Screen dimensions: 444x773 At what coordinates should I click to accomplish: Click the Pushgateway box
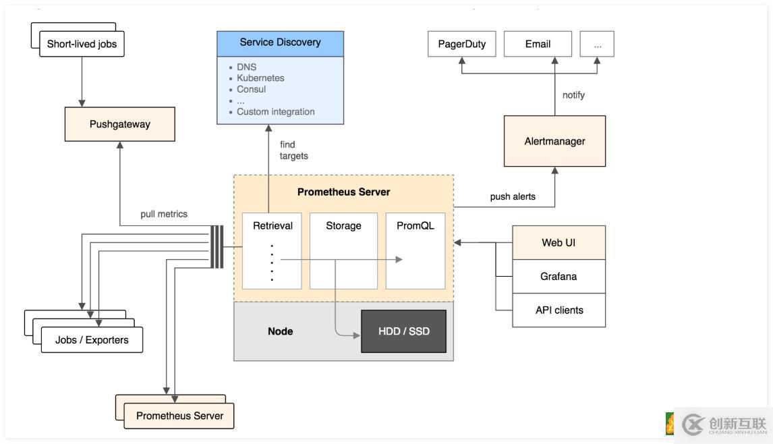pos(120,124)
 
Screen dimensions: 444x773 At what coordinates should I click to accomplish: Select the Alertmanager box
pos(554,141)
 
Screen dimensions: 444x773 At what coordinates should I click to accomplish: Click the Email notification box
pos(538,44)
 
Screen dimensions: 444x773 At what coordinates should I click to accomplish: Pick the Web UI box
pos(559,242)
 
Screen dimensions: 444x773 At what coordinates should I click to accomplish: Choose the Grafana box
pos(559,276)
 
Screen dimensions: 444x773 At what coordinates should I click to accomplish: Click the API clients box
pos(559,310)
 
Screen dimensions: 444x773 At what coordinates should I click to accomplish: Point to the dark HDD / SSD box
pos(404,331)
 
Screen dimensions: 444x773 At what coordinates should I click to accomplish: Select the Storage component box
pos(343,250)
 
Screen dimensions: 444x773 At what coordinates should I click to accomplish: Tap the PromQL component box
pos(416,250)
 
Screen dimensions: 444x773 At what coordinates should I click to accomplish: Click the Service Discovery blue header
pos(280,43)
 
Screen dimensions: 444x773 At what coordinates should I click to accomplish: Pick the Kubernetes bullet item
pos(260,78)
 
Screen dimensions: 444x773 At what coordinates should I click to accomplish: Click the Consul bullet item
pos(252,89)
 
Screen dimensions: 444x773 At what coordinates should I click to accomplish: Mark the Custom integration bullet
pos(275,112)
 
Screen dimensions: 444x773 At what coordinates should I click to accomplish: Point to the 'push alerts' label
pos(513,197)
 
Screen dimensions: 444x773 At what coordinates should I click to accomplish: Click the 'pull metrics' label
pos(164,214)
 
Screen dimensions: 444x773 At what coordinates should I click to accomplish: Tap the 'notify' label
pos(573,95)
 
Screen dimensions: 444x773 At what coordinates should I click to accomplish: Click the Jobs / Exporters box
pos(92,339)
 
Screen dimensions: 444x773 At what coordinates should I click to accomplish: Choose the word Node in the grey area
pos(280,331)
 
